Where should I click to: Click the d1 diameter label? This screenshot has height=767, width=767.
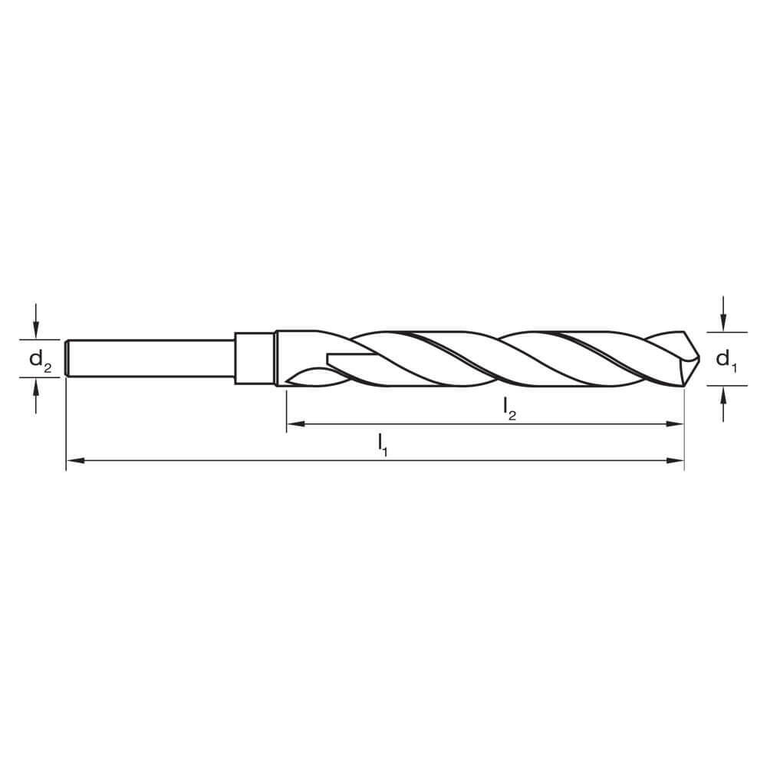[x=726, y=359]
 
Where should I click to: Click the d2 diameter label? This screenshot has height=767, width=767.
[x=40, y=359]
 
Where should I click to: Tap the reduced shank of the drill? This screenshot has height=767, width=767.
[x=153, y=358]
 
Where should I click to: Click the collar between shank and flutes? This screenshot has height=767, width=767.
[x=254, y=358]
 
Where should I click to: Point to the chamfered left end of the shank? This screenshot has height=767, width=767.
[x=68, y=358]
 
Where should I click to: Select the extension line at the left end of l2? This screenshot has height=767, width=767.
[x=286, y=410]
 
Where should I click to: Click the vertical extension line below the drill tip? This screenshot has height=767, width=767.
[x=683, y=430]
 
